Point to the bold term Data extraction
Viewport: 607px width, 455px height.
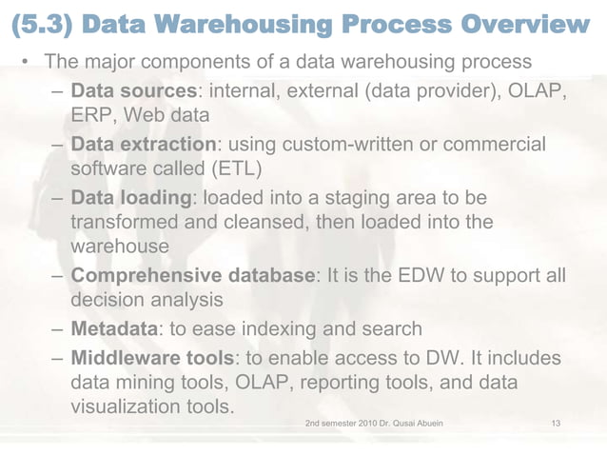144,145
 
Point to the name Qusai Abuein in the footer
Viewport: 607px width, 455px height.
413,421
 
